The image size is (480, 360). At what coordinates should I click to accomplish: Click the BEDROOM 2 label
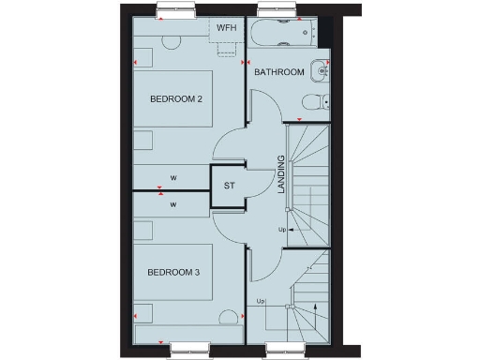click(x=175, y=97)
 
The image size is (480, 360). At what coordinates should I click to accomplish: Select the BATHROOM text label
click(x=279, y=72)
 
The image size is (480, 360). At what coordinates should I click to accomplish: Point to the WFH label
click(x=226, y=28)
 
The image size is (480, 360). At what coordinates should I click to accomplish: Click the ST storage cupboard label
click(x=228, y=186)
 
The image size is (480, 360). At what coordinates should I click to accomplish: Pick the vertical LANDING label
click(x=280, y=175)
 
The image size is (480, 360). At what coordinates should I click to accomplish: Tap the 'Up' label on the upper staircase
click(x=282, y=229)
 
